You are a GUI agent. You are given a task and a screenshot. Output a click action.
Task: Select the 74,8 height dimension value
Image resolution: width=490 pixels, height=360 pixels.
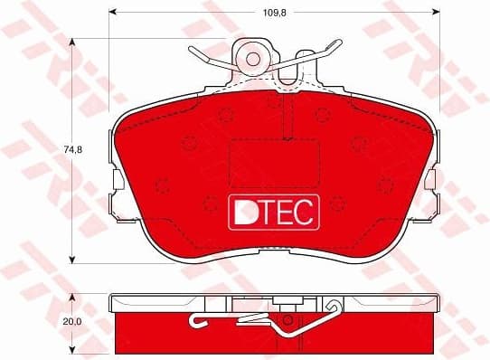click(57, 150)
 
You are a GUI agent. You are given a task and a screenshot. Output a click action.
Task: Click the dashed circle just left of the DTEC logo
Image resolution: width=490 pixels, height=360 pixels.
click(210, 204)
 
